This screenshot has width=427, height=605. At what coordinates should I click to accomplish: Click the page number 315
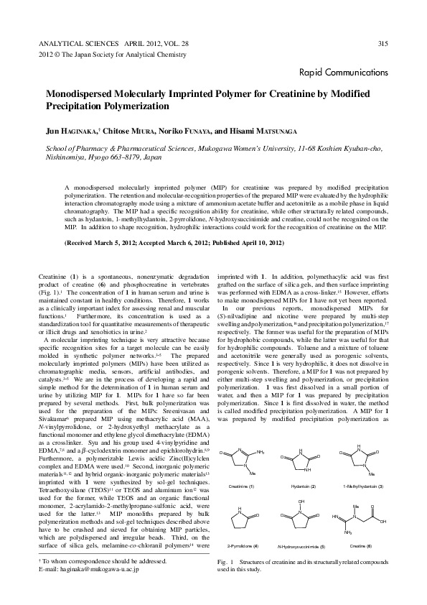click(383, 44)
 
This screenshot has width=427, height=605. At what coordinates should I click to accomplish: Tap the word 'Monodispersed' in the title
click(81, 94)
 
